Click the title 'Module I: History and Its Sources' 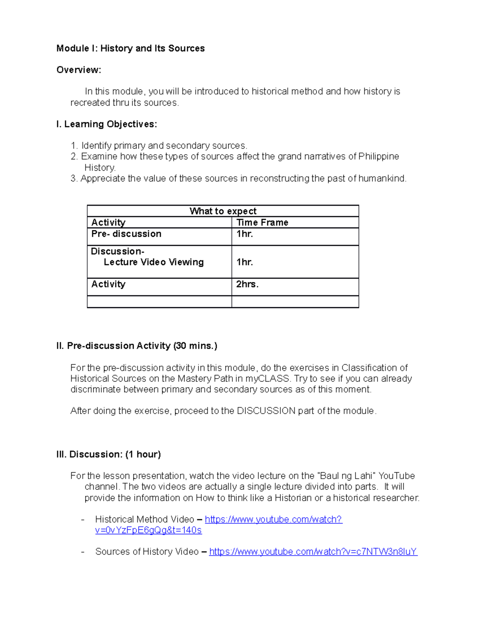point(130,48)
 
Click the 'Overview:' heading point(79,70)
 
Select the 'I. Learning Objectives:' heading point(107,124)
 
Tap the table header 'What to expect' point(223,211)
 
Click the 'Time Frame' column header point(262,222)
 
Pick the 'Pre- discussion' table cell point(126,234)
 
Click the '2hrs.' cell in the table point(247,284)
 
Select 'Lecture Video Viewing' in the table point(154,262)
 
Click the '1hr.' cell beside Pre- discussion point(244,234)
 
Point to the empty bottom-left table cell point(159,302)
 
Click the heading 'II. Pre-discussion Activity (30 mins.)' point(137,346)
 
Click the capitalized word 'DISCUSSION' point(266,411)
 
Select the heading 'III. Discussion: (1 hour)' point(109,454)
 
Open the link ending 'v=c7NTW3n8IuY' point(313,552)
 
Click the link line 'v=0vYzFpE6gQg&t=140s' point(148,530)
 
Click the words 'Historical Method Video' point(144,519)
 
